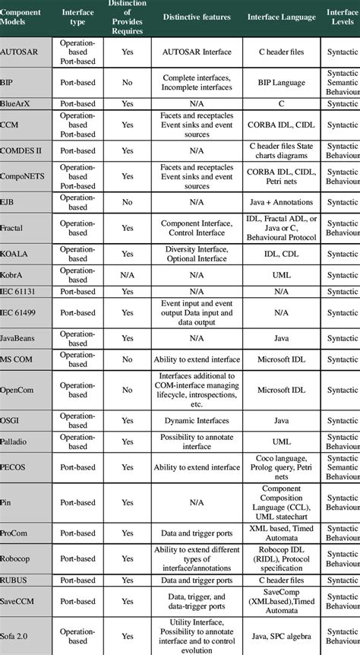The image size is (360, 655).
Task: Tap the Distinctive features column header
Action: coord(196,17)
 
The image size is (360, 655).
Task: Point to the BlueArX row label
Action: coord(17,103)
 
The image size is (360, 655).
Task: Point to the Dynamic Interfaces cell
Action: coord(196,419)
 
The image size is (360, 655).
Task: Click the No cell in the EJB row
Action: coord(128,203)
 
